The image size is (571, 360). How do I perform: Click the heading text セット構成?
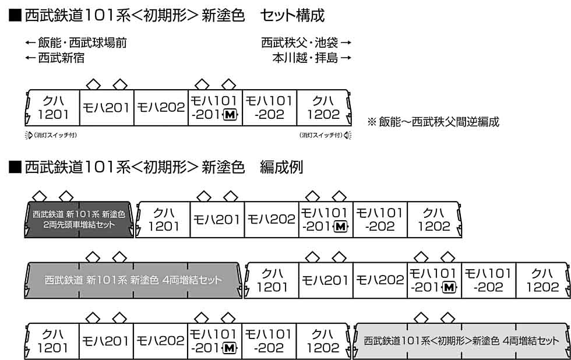click(x=292, y=16)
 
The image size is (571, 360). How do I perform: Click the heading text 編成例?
click(x=281, y=167)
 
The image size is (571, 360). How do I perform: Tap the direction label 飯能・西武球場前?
click(x=82, y=43)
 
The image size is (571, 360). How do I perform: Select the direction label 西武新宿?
click(x=61, y=58)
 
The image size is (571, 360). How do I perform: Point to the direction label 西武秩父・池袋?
click(x=299, y=43)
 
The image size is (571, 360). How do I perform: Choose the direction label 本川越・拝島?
click(x=305, y=58)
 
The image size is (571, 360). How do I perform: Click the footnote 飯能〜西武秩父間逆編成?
click(x=439, y=122)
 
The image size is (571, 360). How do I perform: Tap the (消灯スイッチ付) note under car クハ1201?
click(x=55, y=135)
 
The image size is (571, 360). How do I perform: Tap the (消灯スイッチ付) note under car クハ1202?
click(x=321, y=135)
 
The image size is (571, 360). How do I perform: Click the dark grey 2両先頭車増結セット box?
click(x=79, y=220)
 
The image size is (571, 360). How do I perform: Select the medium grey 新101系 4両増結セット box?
click(x=133, y=280)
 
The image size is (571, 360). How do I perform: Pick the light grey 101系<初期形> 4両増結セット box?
click(x=461, y=341)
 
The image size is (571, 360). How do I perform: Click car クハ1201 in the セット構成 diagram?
click(x=52, y=108)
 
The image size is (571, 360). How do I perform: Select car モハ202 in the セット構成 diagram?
click(x=161, y=108)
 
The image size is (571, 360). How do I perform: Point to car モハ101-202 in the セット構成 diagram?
click(x=269, y=108)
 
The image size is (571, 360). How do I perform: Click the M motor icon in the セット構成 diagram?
click(x=230, y=115)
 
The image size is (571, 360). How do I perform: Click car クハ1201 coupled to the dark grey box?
click(x=163, y=220)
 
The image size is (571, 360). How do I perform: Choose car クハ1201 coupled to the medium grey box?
click(x=272, y=280)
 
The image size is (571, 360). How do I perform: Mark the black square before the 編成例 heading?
click(x=15, y=167)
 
